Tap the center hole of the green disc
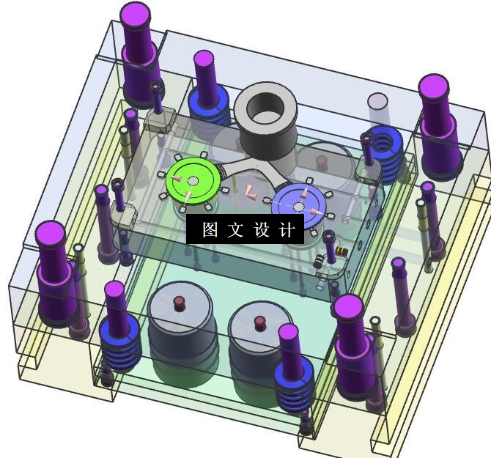[193, 181]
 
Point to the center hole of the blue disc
[298, 207]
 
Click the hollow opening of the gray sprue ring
[265, 108]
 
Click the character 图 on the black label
[210, 229]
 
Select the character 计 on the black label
[287, 229]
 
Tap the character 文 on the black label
[235, 229]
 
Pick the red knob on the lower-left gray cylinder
[179, 303]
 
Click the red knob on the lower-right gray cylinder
[259, 323]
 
